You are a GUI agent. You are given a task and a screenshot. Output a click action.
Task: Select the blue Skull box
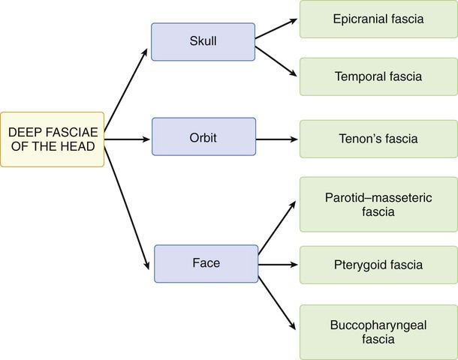tap(203, 41)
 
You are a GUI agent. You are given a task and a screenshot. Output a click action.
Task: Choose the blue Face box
tap(206, 264)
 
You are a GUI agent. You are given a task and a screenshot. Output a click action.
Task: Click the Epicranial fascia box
tap(378, 19)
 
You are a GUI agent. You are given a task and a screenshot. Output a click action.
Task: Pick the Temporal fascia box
tap(378, 76)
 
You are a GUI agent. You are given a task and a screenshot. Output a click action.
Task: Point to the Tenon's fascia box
tap(378, 139)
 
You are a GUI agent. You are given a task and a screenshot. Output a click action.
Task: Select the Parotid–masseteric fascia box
tap(378, 205)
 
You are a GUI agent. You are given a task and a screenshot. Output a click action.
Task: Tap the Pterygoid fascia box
tap(378, 265)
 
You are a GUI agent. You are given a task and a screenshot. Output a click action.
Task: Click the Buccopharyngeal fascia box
tap(378, 332)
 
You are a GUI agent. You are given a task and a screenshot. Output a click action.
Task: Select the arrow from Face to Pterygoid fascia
tap(279, 265)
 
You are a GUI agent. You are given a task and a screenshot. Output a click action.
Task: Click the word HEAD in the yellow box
tap(78, 146)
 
